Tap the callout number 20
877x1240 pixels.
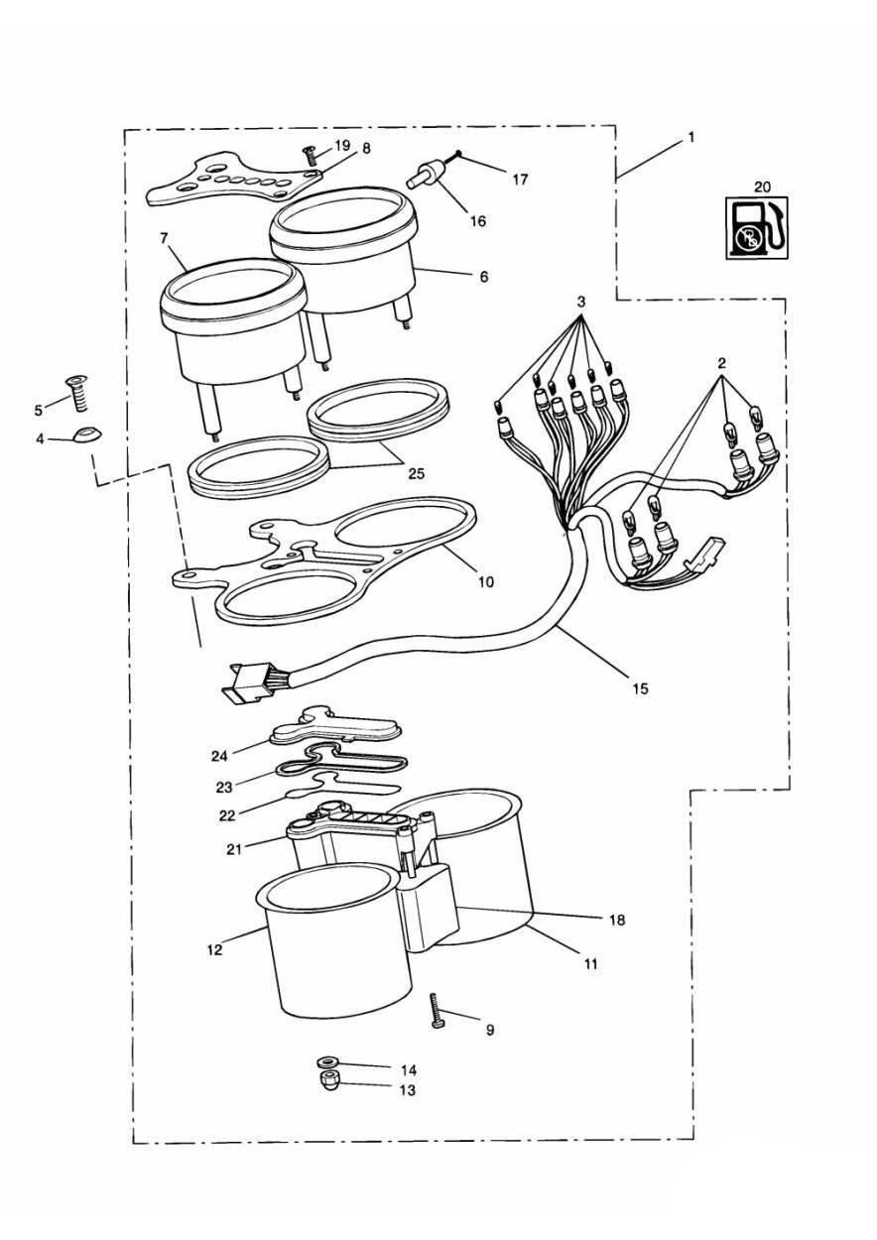coord(761,186)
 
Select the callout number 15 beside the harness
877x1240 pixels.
coord(640,687)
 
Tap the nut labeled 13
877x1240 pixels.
coord(328,1082)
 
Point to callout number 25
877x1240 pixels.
coord(415,474)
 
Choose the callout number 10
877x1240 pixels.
coord(485,582)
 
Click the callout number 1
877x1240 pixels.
coord(690,138)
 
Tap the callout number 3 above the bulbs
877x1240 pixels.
coord(581,302)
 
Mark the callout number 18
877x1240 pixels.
coord(617,920)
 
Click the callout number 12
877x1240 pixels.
coord(214,948)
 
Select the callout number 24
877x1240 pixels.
coord(219,755)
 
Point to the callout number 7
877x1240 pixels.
coord(165,238)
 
